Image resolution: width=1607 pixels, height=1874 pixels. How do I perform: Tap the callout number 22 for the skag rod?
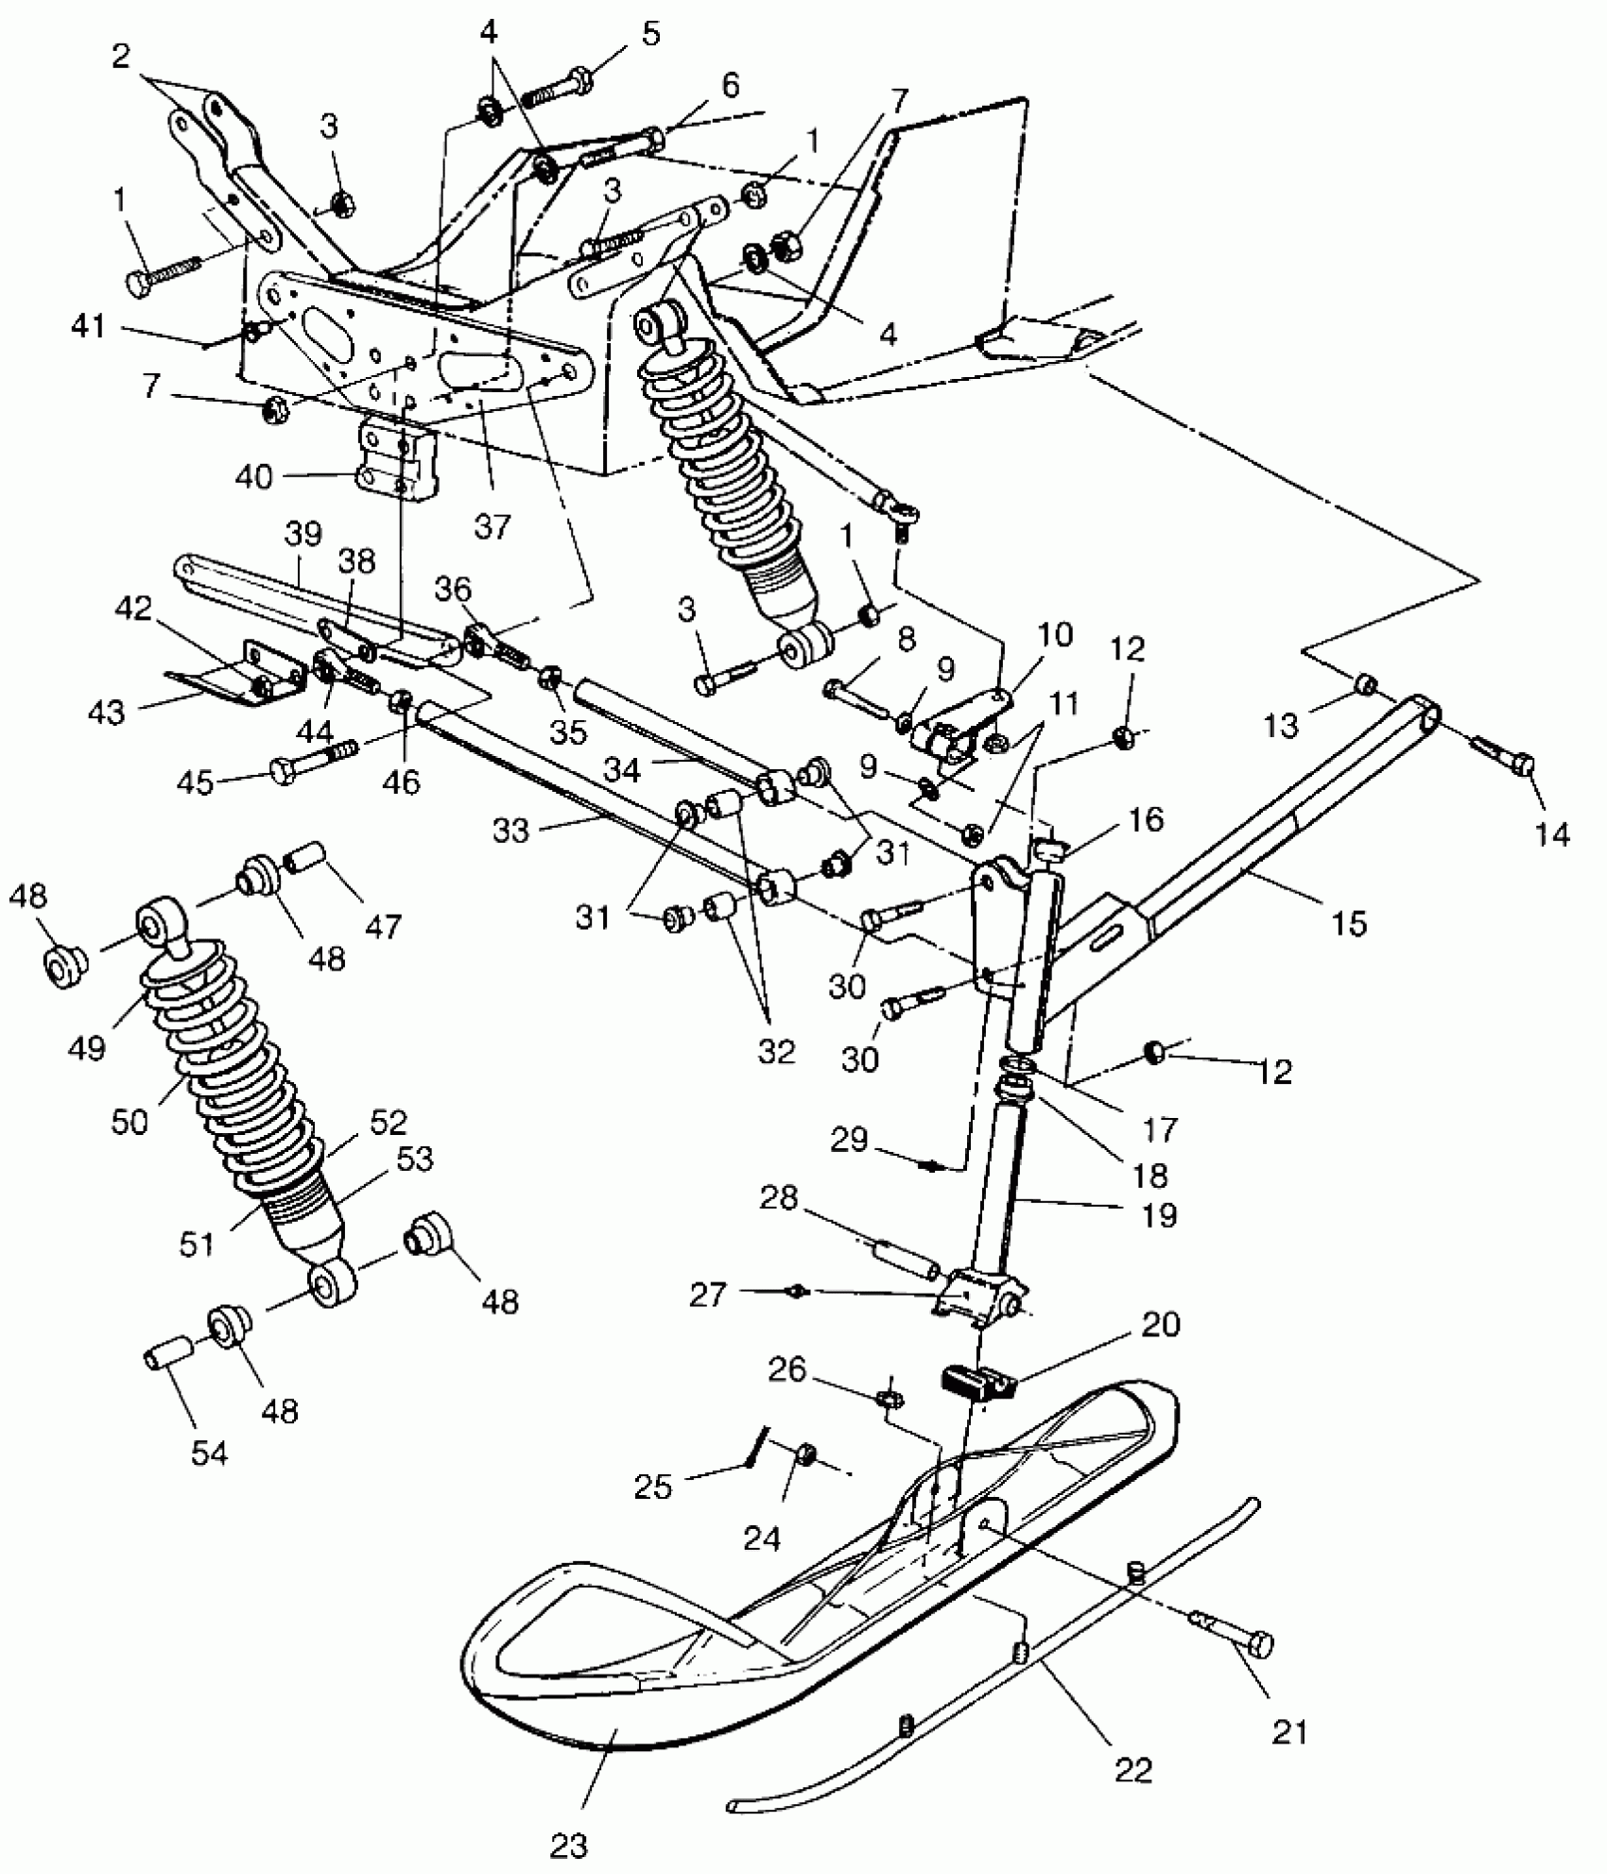(x=1133, y=1769)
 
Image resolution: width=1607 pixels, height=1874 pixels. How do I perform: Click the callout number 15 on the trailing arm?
(x=1349, y=921)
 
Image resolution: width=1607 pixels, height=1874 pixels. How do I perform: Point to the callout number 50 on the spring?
(x=129, y=1122)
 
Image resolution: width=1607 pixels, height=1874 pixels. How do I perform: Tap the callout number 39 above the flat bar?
(x=303, y=535)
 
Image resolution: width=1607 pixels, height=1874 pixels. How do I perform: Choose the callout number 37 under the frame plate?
(x=492, y=525)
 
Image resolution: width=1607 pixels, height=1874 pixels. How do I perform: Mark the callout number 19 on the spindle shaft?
(x=1160, y=1214)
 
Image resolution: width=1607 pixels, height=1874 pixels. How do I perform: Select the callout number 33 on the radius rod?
(x=511, y=831)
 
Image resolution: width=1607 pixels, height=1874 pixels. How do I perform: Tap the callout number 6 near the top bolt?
(x=731, y=85)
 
